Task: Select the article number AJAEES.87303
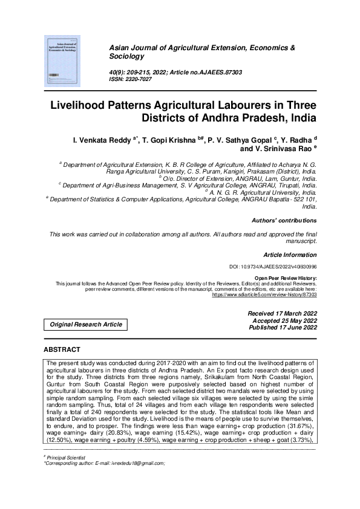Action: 215,72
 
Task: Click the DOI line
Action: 273,267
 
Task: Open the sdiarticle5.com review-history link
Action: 264,295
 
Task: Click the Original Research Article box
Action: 84,325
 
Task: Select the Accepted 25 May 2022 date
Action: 283,321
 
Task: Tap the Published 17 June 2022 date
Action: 281,328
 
